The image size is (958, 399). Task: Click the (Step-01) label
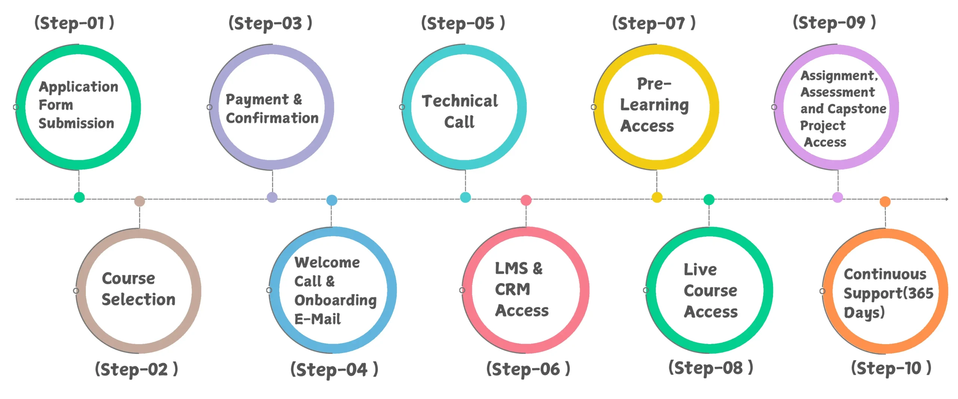point(74,23)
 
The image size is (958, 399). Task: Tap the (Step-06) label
point(528,369)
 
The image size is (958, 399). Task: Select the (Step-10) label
point(891,368)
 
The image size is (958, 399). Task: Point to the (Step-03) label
point(270,23)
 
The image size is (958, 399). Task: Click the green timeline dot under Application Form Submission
point(79,197)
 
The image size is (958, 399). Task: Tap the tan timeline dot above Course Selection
point(140,201)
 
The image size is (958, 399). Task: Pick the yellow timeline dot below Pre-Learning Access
point(657,197)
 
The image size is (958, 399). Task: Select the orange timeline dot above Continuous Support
point(885,202)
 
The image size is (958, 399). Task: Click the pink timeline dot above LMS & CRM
point(526,200)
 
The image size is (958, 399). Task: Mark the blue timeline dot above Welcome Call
point(332,200)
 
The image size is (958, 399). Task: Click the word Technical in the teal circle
point(460,101)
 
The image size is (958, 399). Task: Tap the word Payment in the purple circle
point(257,100)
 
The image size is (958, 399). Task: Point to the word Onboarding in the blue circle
point(336,300)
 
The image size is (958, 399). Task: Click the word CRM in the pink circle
point(513,289)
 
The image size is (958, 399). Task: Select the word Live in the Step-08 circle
point(700,269)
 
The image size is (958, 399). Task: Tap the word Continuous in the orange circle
point(885,274)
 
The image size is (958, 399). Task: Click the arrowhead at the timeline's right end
point(947,199)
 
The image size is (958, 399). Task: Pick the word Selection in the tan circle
point(138,299)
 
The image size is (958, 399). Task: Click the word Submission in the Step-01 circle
point(76,123)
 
